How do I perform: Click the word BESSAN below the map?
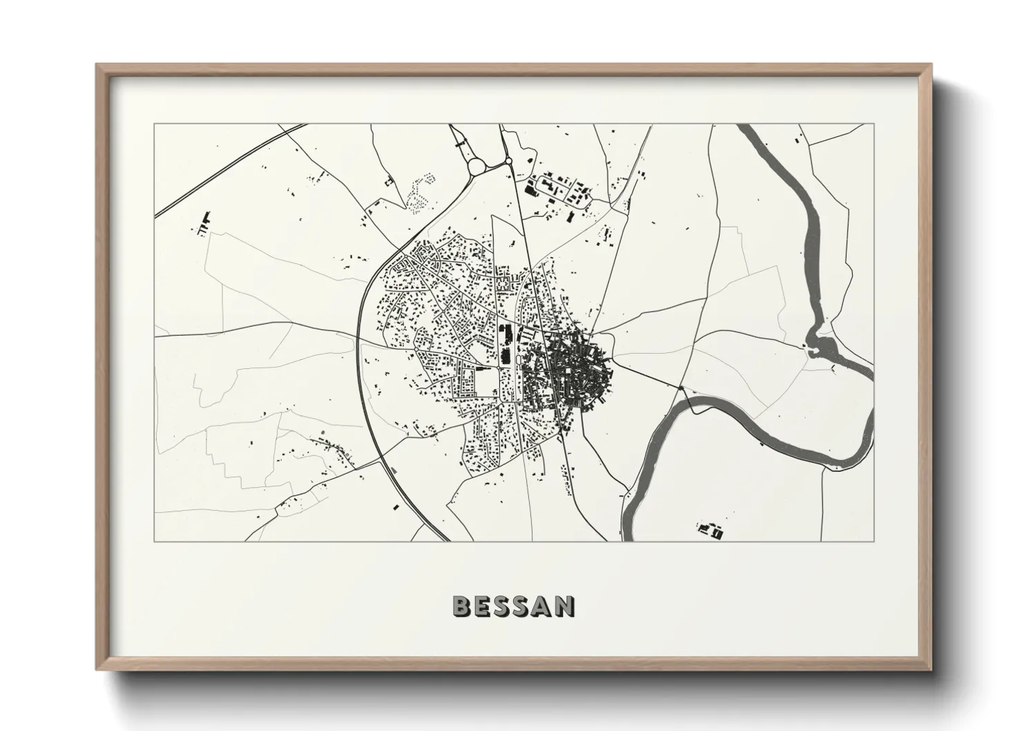[513, 606]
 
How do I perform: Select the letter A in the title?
[544, 606]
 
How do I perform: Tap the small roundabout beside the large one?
[508, 162]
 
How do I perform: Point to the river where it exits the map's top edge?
[745, 127]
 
